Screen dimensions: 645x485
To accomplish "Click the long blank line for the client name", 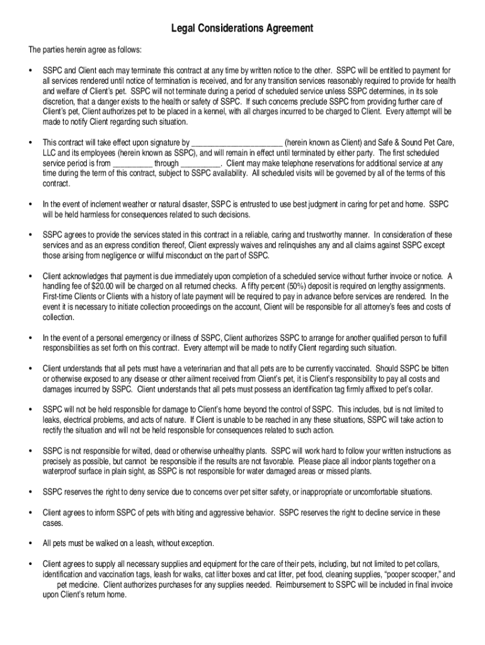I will coord(236,142).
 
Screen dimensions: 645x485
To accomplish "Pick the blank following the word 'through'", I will coord(200,163).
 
